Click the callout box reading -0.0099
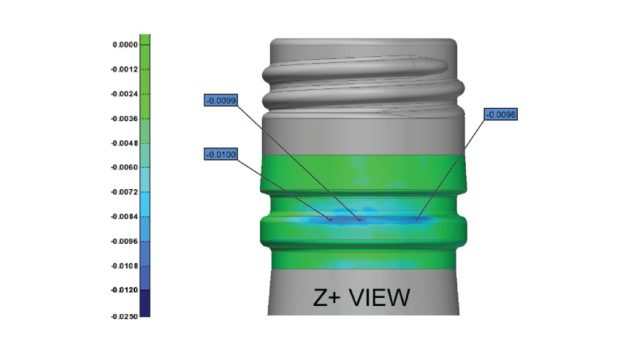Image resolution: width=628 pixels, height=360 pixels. coord(221,100)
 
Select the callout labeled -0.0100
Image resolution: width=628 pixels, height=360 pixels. coord(221,155)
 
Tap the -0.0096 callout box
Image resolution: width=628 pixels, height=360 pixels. coord(501,114)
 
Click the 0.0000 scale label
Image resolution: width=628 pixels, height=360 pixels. coord(124,45)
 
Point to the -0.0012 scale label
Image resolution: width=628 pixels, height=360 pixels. coord(123,69)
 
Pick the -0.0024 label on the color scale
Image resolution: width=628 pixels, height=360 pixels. coord(123,94)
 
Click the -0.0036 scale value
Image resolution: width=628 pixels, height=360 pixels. coord(123,118)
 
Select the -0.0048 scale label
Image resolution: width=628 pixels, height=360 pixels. coord(123,143)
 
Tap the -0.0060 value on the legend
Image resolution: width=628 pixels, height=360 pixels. coord(123,168)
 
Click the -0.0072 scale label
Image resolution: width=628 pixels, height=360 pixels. coord(123,192)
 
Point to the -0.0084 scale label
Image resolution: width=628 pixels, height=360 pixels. coord(123,217)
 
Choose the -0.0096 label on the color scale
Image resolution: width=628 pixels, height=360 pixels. coord(123,241)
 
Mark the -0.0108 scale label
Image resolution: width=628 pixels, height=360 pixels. coord(123,266)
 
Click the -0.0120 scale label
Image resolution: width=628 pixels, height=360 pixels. coord(123,290)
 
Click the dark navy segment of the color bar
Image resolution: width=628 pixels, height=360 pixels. coord(145,302)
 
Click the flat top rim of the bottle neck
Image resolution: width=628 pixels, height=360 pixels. coord(364,42)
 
